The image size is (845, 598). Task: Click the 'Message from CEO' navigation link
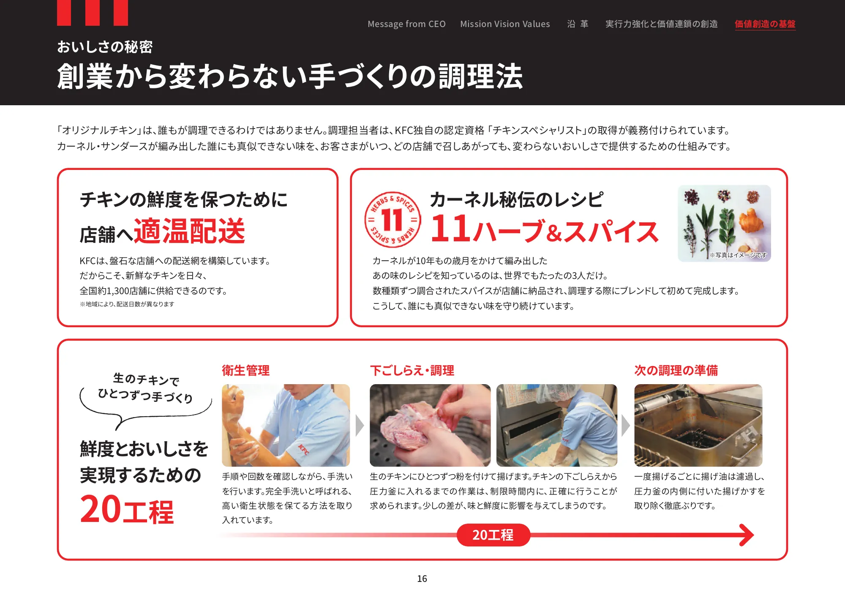pyautogui.click(x=406, y=24)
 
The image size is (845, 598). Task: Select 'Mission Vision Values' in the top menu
pyautogui.click(x=505, y=24)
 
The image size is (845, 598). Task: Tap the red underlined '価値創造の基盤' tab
pyautogui.click(x=765, y=24)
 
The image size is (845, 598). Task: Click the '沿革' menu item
pyautogui.click(x=578, y=24)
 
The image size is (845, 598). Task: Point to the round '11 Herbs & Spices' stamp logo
pyautogui.click(x=393, y=220)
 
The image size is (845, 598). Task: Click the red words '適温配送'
pyautogui.click(x=189, y=231)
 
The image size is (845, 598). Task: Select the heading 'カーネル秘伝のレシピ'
pyautogui.click(x=516, y=199)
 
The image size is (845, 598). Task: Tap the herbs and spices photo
pyautogui.click(x=724, y=223)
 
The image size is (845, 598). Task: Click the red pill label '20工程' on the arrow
pyautogui.click(x=493, y=535)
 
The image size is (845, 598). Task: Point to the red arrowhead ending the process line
pyautogui.click(x=747, y=535)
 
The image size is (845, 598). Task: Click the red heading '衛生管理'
pyautogui.click(x=245, y=371)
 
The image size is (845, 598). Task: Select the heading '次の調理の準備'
pyautogui.click(x=676, y=371)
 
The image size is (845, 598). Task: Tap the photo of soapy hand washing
pyautogui.click(x=286, y=425)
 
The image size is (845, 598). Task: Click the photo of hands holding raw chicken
pyautogui.click(x=430, y=425)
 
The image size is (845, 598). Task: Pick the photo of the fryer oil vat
pyautogui.click(x=698, y=425)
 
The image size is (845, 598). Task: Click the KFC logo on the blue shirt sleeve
pyautogui.click(x=303, y=450)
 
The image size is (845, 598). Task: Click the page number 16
pyautogui.click(x=422, y=579)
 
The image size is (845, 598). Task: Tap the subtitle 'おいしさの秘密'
pyautogui.click(x=105, y=47)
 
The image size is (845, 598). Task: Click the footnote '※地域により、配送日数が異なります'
pyautogui.click(x=127, y=304)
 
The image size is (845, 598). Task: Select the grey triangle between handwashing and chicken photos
pyautogui.click(x=360, y=426)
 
